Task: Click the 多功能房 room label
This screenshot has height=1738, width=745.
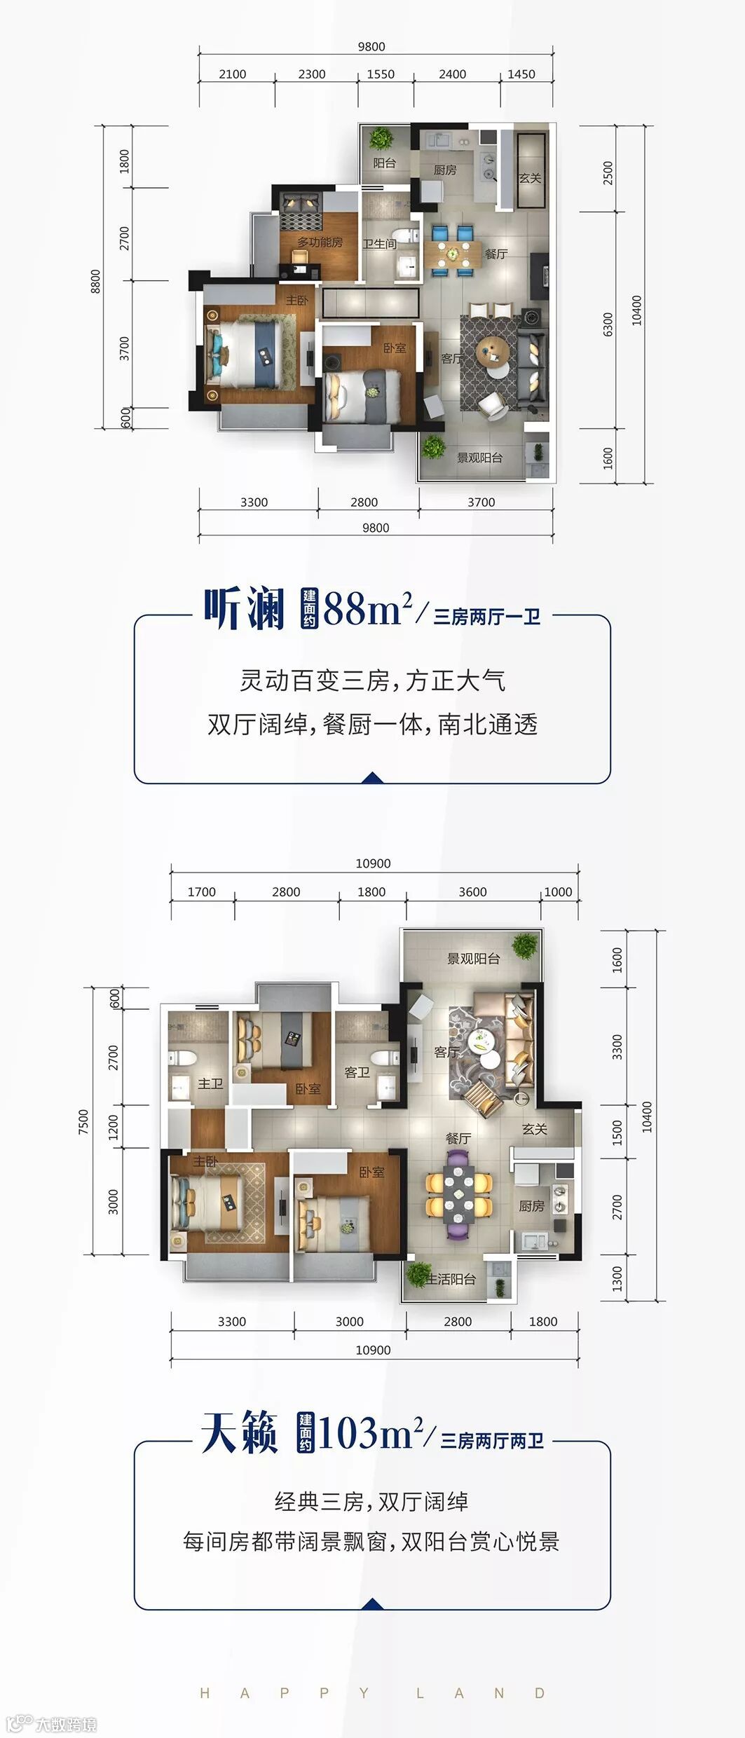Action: click(x=320, y=242)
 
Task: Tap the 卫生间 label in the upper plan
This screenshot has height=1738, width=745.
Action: click(x=379, y=244)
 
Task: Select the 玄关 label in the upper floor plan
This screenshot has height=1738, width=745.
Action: click(x=530, y=178)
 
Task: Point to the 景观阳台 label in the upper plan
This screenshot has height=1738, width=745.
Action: click(x=479, y=458)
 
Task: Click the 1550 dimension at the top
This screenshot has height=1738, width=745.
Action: click(x=381, y=74)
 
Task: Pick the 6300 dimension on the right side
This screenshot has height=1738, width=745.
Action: click(x=608, y=324)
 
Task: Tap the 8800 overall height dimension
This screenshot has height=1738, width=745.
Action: click(x=95, y=282)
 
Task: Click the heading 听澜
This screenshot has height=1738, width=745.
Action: click(x=244, y=608)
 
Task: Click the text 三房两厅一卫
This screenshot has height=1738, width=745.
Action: click(x=487, y=617)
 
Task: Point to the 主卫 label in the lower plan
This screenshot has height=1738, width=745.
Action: click(x=210, y=1083)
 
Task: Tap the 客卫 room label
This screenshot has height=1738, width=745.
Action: click(x=357, y=1072)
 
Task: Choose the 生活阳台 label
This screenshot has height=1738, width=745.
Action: click(x=452, y=1279)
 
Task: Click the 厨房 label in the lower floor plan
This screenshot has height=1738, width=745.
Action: click(x=531, y=1205)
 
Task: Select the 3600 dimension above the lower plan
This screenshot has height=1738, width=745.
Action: click(x=472, y=892)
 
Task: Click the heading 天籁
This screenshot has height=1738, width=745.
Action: click(x=240, y=1432)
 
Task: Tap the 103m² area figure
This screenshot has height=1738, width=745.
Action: click(x=371, y=1432)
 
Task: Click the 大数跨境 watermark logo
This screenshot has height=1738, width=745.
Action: click(x=51, y=1723)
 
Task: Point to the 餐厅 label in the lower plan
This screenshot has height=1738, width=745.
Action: click(x=458, y=1139)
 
